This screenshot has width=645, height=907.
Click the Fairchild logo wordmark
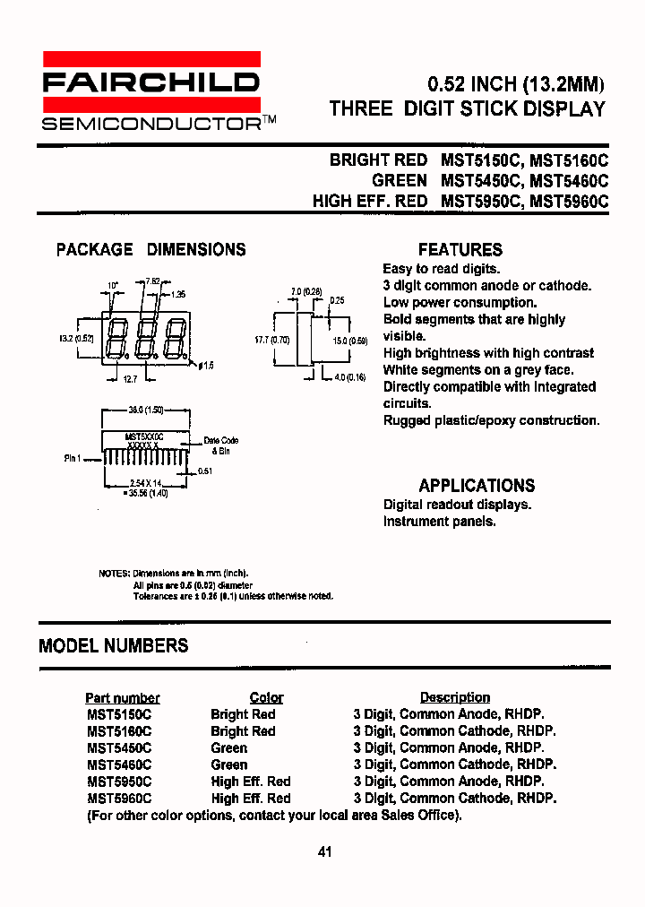click(150, 83)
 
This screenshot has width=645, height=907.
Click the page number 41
click(324, 851)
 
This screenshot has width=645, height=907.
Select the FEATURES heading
click(460, 250)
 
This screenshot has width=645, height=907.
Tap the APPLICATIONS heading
click(477, 486)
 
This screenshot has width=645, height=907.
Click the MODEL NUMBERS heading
click(114, 645)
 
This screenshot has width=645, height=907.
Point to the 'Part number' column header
click(123, 697)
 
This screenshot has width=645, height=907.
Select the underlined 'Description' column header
click(455, 697)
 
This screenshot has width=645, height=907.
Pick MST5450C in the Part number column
click(119, 748)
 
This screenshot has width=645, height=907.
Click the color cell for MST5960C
click(251, 799)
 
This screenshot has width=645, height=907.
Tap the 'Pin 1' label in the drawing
click(73, 458)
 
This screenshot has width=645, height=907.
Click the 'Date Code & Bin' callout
click(221, 445)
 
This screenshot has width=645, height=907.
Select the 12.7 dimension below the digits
click(130, 380)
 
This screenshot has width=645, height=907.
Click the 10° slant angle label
click(113, 286)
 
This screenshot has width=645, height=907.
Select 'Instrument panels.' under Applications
click(439, 522)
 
